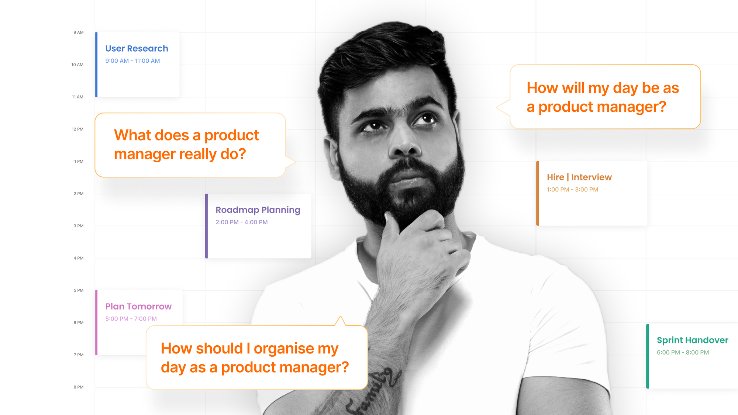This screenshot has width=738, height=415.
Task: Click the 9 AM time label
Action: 78,32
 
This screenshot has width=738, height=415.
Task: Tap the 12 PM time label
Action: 77,129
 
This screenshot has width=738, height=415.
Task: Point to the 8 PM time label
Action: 78,387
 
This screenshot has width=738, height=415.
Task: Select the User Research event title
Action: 137,49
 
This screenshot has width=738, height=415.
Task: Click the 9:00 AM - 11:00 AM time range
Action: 132,61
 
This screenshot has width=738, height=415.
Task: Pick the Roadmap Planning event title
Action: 258,210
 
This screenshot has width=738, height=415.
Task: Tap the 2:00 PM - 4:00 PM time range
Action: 241,222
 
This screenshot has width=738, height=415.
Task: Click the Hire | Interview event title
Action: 579,177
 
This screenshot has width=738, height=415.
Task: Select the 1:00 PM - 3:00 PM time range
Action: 572,190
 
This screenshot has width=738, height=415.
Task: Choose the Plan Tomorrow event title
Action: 138,307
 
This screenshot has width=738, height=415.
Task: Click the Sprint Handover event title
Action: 692,340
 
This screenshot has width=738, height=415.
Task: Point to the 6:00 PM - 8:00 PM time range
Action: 683,352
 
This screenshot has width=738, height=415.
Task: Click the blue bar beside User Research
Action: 96,65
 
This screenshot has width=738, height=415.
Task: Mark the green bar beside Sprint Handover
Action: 648,356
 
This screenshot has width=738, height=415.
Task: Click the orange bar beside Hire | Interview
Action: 538,193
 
